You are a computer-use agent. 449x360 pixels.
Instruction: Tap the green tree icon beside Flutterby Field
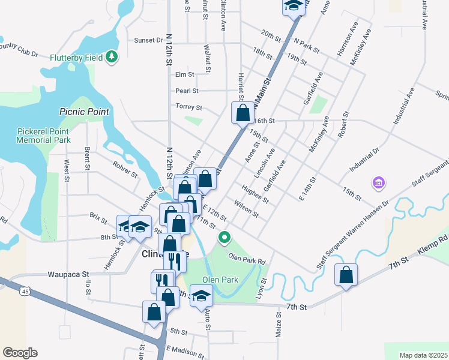click(x=111, y=57)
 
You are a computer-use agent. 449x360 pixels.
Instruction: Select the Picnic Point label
click(x=84, y=112)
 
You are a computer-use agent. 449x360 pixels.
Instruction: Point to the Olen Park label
click(x=220, y=280)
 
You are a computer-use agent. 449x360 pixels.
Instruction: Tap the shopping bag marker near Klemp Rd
click(x=346, y=275)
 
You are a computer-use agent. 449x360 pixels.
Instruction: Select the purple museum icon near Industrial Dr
click(x=378, y=182)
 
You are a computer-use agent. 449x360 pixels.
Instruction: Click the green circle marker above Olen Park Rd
click(x=224, y=238)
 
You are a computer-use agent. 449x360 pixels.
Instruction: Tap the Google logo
click(x=20, y=353)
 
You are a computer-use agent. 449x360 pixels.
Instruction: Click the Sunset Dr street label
click(x=149, y=40)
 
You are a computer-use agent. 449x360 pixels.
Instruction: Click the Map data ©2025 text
click(x=423, y=355)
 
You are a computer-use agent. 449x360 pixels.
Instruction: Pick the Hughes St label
click(x=255, y=193)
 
